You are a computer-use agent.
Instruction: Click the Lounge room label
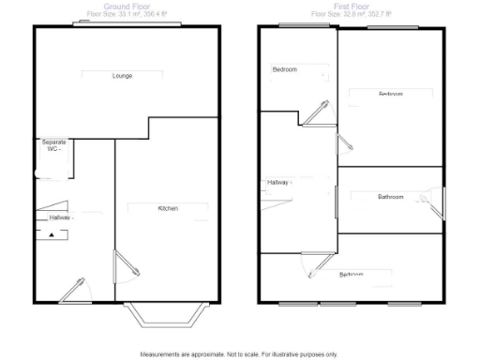[x=121, y=75]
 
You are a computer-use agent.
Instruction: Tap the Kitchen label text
[x=169, y=208]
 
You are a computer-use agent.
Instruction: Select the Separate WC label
[x=52, y=146]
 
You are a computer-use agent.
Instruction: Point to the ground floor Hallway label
[x=61, y=217]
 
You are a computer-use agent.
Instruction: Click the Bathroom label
[x=390, y=197]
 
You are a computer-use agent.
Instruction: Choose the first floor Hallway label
[x=280, y=182]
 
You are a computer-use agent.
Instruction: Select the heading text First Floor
[x=352, y=6]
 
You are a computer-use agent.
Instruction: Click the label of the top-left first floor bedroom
[x=285, y=70]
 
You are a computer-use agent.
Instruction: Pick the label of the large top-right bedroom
[x=391, y=94]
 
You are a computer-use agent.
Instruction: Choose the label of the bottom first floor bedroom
[x=352, y=275]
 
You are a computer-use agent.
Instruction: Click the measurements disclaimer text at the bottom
[x=239, y=354]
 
